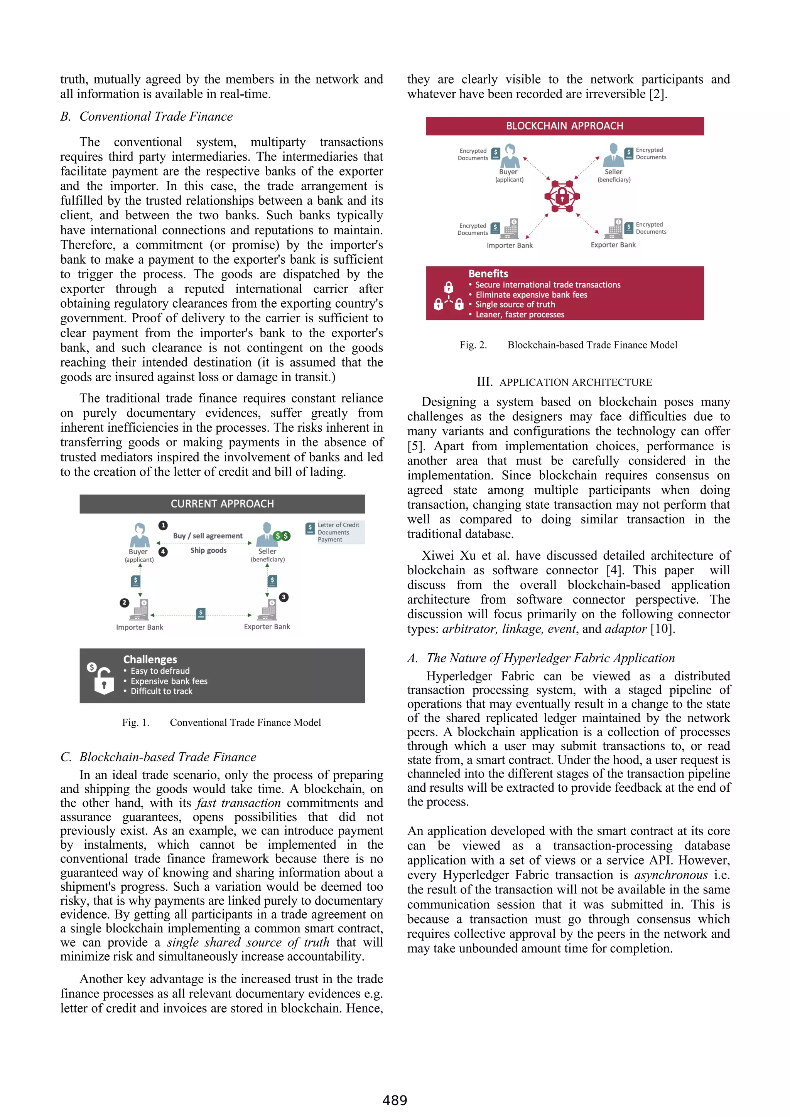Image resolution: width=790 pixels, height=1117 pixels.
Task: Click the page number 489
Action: point(394,1100)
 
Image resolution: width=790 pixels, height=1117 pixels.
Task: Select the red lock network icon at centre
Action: point(562,197)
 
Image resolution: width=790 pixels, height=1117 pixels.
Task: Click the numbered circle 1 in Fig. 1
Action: point(163,525)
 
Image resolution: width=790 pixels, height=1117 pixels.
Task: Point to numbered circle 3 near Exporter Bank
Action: point(284,597)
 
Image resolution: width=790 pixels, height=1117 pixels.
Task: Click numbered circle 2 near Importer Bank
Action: point(124,603)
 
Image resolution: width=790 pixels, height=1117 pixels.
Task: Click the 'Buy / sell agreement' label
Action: point(208,536)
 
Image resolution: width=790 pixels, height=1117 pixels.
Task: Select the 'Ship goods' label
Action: point(208,550)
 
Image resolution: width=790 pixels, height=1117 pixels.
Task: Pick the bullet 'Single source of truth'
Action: point(515,304)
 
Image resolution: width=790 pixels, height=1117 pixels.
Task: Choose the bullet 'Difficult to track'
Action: point(161,691)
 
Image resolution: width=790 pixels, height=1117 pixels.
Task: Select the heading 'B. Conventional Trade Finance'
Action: point(147,117)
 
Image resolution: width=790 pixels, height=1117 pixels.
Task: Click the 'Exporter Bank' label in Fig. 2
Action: point(613,245)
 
